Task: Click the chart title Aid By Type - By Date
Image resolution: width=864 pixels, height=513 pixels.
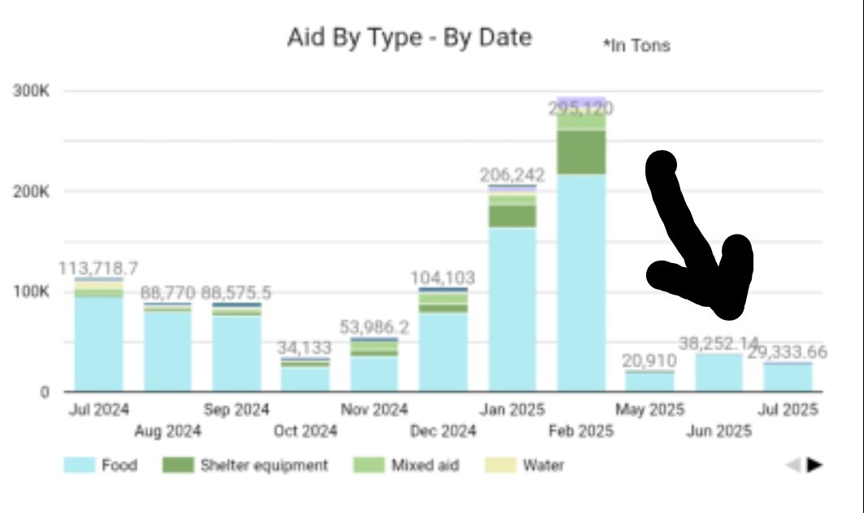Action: [x=409, y=37]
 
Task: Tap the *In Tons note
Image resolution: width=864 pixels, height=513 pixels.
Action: [x=636, y=46]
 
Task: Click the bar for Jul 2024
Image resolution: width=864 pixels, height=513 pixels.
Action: [x=98, y=341]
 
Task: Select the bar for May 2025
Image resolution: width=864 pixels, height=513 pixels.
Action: [x=649, y=381]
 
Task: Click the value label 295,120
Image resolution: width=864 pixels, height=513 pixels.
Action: [x=581, y=109]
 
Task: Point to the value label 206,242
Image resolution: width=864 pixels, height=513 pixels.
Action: [x=512, y=175]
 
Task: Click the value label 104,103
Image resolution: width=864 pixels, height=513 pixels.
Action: [x=443, y=278]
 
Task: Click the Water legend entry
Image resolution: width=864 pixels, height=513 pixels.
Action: [x=525, y=465]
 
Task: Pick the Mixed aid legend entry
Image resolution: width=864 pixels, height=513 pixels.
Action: [x=406, y=465]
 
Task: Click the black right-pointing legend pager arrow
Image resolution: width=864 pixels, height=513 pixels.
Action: [x=814, y=465]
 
